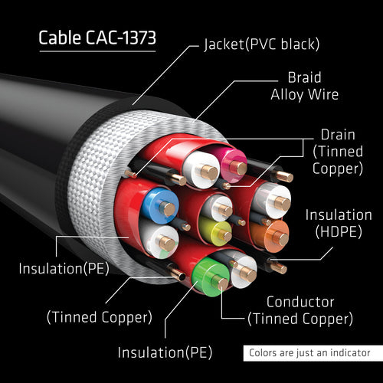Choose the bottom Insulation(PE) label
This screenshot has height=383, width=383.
[x=164, y=352]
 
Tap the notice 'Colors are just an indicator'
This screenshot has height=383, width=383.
[x=310, y=353]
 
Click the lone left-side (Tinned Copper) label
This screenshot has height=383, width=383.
[x=99, y=316]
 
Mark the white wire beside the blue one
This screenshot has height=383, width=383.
[x=162, y=241]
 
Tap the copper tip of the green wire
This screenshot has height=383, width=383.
[x=221, y=283]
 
